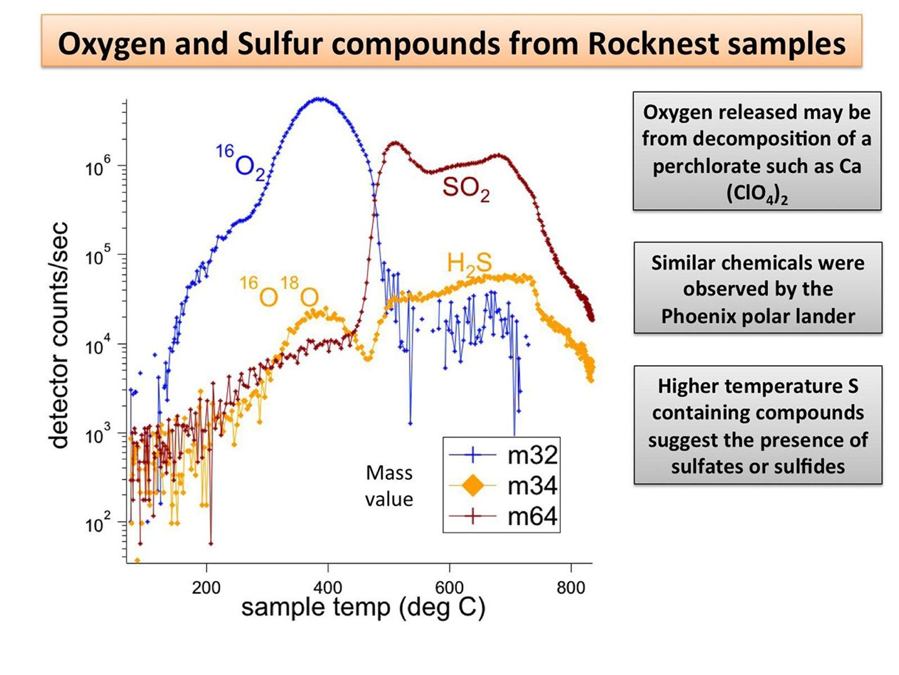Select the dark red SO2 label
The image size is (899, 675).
(x=465, y=188)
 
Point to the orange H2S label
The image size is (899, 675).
(x=469, y=263)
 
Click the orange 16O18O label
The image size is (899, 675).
(x=279, y=292)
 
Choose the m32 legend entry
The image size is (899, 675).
(x=532, y=454)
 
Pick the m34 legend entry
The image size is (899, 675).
(x=532, y=485)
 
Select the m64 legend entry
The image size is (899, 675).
(x=532, y=516)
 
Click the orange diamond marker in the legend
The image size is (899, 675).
(x=473, y=485)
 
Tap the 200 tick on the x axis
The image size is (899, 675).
(x=206, y=588)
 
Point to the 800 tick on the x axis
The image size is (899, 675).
(x=571, y=588)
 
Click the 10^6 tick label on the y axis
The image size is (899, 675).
(x=98, y=168)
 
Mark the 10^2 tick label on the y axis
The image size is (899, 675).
(x=98, y=525)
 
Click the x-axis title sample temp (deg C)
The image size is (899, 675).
(x=363, y=608)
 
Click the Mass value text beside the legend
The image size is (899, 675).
(x=389, y=485)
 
